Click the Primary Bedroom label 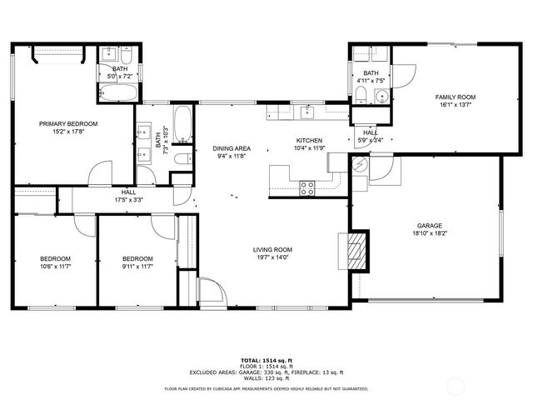pos(68,123)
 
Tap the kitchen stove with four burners pos(307,187)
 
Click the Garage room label pos(429,225)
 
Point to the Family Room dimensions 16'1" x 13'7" pos(454,106)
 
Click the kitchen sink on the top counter pos(306,111)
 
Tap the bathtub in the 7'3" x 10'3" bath pos(184,125)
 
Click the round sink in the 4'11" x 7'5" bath pos(381,97)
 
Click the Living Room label pos(272,249)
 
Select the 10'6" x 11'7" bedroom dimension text pos(55,267)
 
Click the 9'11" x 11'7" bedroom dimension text pos(137,267)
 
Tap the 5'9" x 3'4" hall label pos(371,140)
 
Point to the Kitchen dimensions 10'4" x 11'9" pos(309,148)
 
